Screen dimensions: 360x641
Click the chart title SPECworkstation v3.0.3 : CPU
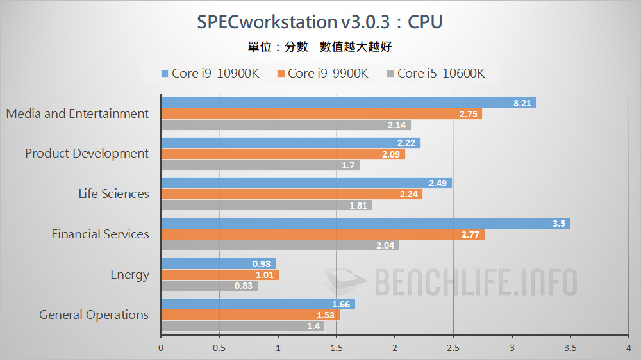(320, 22)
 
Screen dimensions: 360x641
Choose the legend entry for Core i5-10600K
(435, 73)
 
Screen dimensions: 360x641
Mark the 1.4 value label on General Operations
(313, 326)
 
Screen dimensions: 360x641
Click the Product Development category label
(87, 154)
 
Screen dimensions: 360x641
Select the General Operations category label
(94, 315)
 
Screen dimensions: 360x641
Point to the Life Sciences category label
(113, 193)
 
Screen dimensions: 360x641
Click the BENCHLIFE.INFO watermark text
(474, 282)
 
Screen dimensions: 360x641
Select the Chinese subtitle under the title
(319, 47)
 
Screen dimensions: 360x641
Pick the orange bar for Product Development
(282, 154)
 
